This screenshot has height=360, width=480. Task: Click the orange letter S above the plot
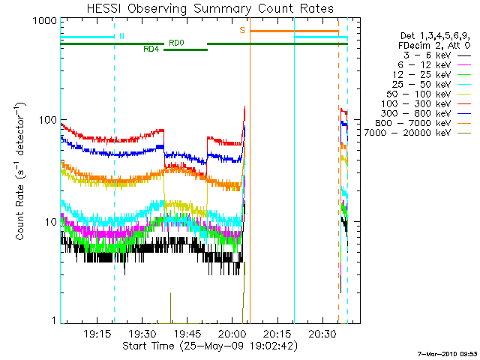click(x=242, y=30)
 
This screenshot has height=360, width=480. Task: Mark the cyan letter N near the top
click(x=122, y=36)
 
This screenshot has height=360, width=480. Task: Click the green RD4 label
click(x=151, y=49)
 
